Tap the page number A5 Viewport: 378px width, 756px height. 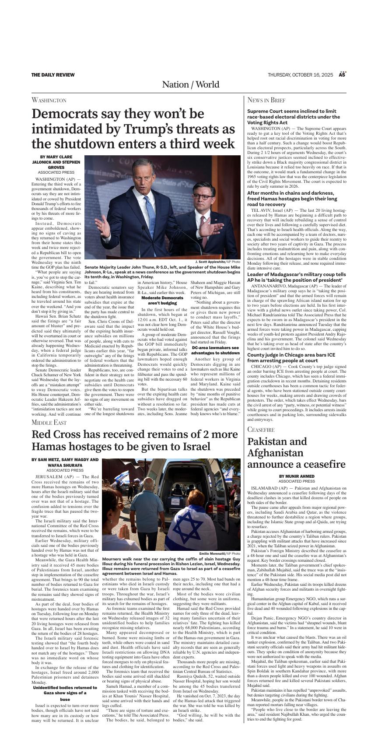[x=342, y=75]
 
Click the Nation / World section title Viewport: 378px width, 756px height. [x=190, y=84]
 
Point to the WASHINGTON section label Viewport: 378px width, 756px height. [x=49, y=100]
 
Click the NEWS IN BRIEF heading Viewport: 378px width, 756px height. [x=266, y=100]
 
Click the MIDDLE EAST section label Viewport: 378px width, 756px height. [x=49, y=422]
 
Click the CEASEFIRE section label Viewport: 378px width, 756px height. [x=261, y=430]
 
